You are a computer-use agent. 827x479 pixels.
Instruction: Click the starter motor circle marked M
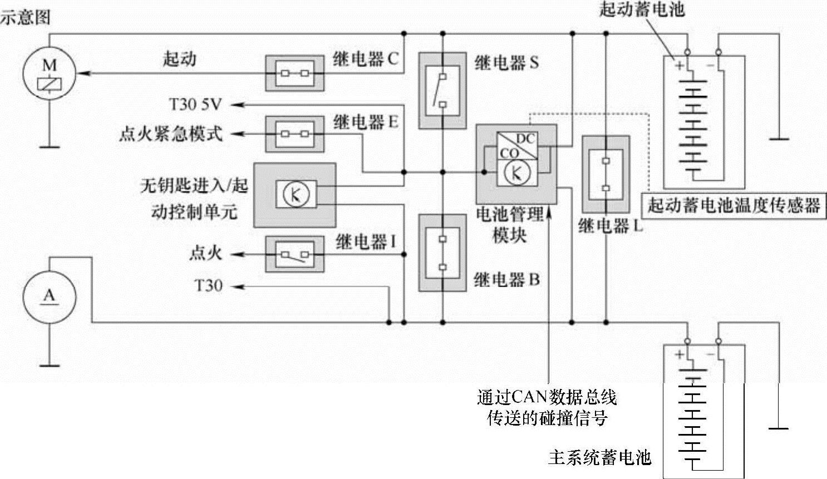49,73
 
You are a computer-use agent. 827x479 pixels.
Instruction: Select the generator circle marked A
49,297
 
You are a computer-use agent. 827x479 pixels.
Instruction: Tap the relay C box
294,73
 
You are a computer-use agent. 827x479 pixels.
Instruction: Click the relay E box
294,134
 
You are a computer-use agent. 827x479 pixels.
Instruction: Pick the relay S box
442,90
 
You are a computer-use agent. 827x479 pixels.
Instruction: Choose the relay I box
294,255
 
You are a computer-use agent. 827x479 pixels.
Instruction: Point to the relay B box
442,253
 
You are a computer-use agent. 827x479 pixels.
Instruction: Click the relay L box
606,175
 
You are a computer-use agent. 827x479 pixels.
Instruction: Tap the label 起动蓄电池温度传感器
734,206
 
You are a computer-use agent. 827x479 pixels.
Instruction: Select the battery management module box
516,164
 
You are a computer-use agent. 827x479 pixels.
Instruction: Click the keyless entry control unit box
295,195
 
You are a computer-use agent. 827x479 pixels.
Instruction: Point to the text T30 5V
195,104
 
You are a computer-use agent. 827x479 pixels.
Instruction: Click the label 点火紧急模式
170,134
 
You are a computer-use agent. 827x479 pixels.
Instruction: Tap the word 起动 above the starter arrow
179,58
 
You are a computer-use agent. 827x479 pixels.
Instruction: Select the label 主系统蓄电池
599,457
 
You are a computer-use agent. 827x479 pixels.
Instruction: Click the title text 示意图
25,17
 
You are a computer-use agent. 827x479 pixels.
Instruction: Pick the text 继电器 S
506,63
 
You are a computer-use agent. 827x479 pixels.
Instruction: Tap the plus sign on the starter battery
679,65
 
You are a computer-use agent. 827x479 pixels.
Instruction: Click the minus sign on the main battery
710,354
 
